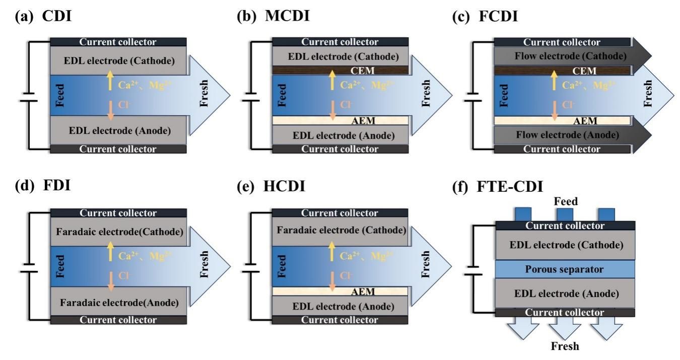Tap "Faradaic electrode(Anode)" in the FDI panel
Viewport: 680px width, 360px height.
click(118, 303)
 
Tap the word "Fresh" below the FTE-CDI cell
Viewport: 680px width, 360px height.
click(565, 346)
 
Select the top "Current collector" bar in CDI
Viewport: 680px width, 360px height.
click(118, 42)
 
